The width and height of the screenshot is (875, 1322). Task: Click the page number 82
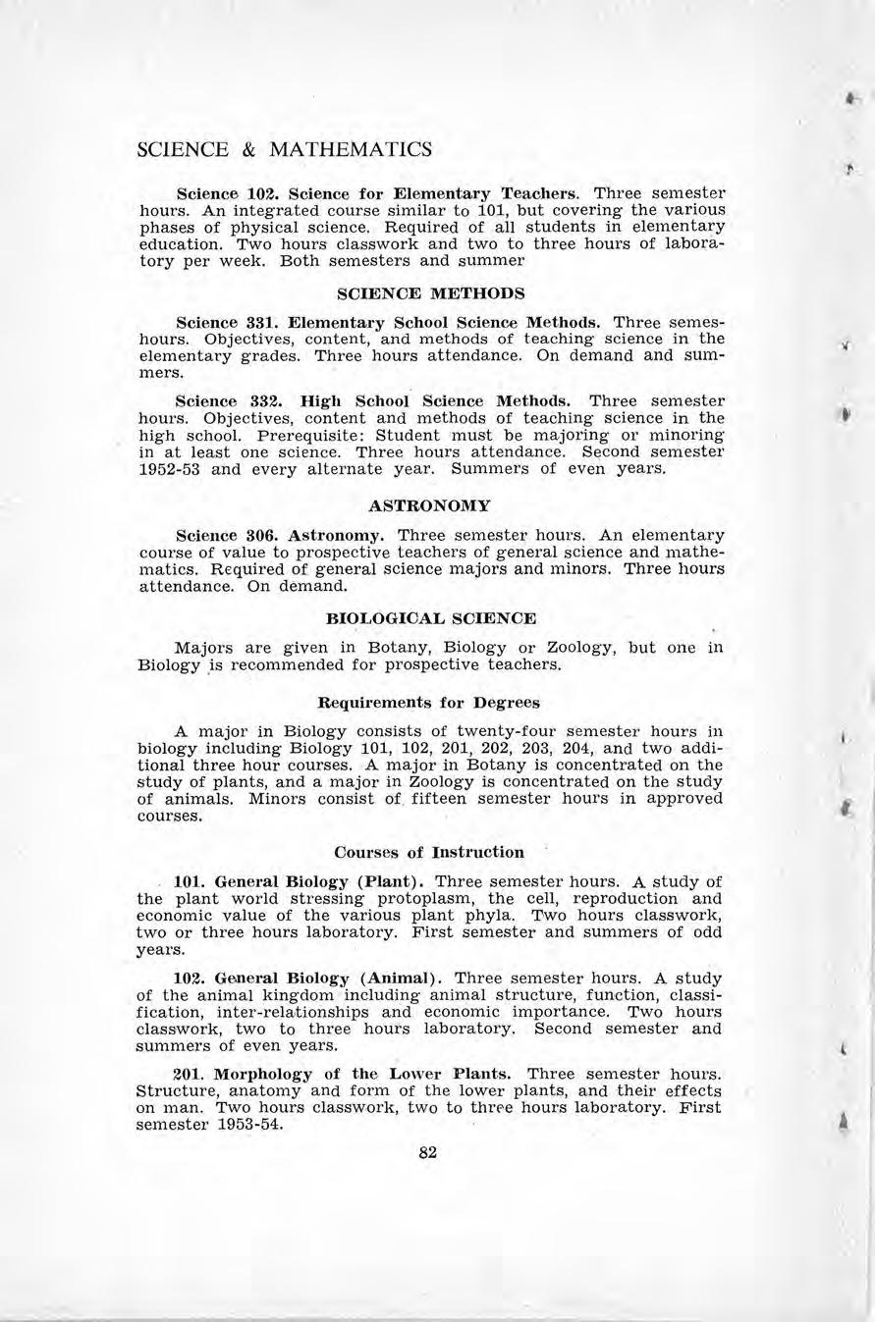[427, 1152]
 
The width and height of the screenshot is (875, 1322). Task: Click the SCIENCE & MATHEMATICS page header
[285, 150]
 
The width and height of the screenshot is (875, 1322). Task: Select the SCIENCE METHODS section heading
[430, 293]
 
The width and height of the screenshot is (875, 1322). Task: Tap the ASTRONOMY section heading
[429, 506]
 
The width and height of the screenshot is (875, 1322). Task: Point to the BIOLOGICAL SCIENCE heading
[430, 618]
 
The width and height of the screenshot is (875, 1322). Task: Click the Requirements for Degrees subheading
[429, 703]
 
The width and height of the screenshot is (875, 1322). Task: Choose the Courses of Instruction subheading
[429, 852]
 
